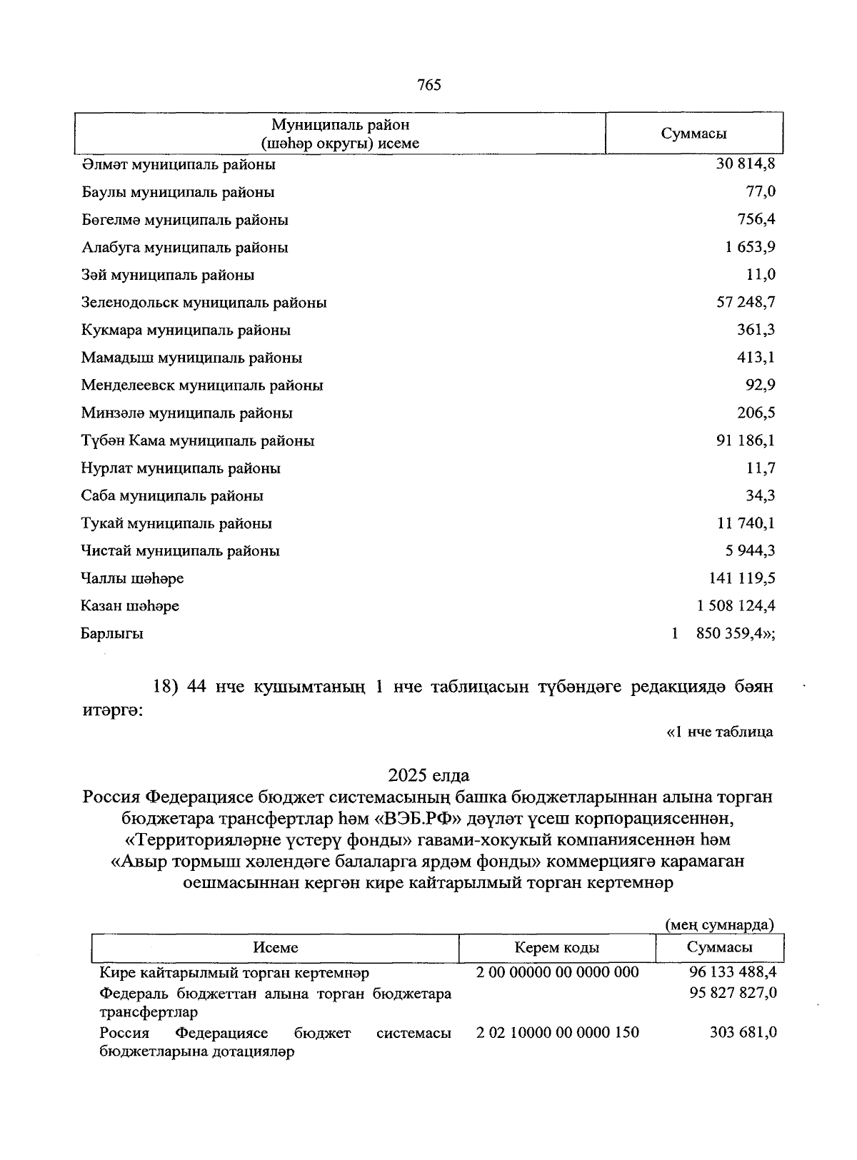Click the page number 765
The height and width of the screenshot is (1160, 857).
click(429, 86)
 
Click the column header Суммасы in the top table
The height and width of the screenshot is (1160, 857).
click(693, 134)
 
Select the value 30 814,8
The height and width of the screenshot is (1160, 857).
click(746, 164)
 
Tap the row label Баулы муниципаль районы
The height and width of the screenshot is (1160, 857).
click(178, 192)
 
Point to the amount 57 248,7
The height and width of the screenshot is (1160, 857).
click(746, 303)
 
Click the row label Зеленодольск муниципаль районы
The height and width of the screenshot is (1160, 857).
click(204, 303)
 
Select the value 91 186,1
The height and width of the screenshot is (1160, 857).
click(746, 440)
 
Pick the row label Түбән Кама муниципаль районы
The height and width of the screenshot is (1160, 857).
click(198, 441)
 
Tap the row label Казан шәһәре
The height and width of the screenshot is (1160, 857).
click(130, 606)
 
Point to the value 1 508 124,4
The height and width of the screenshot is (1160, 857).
click(736, 606)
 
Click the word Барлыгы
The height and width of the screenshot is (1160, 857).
click(112, 634)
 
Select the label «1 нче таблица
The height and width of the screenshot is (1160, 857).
click(719, 732)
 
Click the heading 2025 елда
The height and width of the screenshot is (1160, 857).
click(428, 775)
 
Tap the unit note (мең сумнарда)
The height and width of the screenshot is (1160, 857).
click(719, 925)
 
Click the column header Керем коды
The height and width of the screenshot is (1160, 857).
click(557, 948)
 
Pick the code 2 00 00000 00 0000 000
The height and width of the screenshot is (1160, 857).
click(558, 972)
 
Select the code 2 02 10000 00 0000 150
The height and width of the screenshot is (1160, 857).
click(558, 1033)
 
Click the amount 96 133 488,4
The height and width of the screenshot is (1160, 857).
click(733, 972)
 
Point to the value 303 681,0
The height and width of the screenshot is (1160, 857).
click(743, 1033)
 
